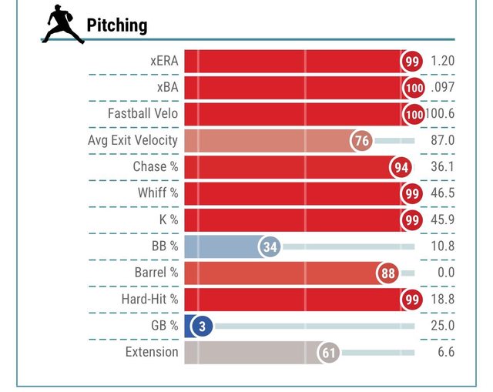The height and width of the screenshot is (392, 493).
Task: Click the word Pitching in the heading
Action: point(116,25)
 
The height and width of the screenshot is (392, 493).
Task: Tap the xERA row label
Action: point(164,61)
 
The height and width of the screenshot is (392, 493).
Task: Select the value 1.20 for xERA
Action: point(443,61)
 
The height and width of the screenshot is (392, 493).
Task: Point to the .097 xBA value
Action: point(443,88)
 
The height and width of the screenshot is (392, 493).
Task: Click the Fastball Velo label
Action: point(143,114)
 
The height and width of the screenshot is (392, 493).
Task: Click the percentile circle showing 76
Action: point(361,141)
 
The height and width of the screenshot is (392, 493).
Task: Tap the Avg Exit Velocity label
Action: point(133,141)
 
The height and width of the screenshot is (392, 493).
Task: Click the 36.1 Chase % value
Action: point(443,167)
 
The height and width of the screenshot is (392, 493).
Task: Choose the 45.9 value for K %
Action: point(443,220)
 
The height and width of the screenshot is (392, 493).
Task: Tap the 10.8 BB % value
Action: point(443,246)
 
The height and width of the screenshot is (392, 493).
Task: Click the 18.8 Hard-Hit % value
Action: point(443,300)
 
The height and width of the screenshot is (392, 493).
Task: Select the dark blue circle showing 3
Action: point(202,326)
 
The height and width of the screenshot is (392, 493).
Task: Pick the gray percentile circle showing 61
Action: point(329,353)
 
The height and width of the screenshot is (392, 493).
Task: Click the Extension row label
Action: point(152,353)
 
